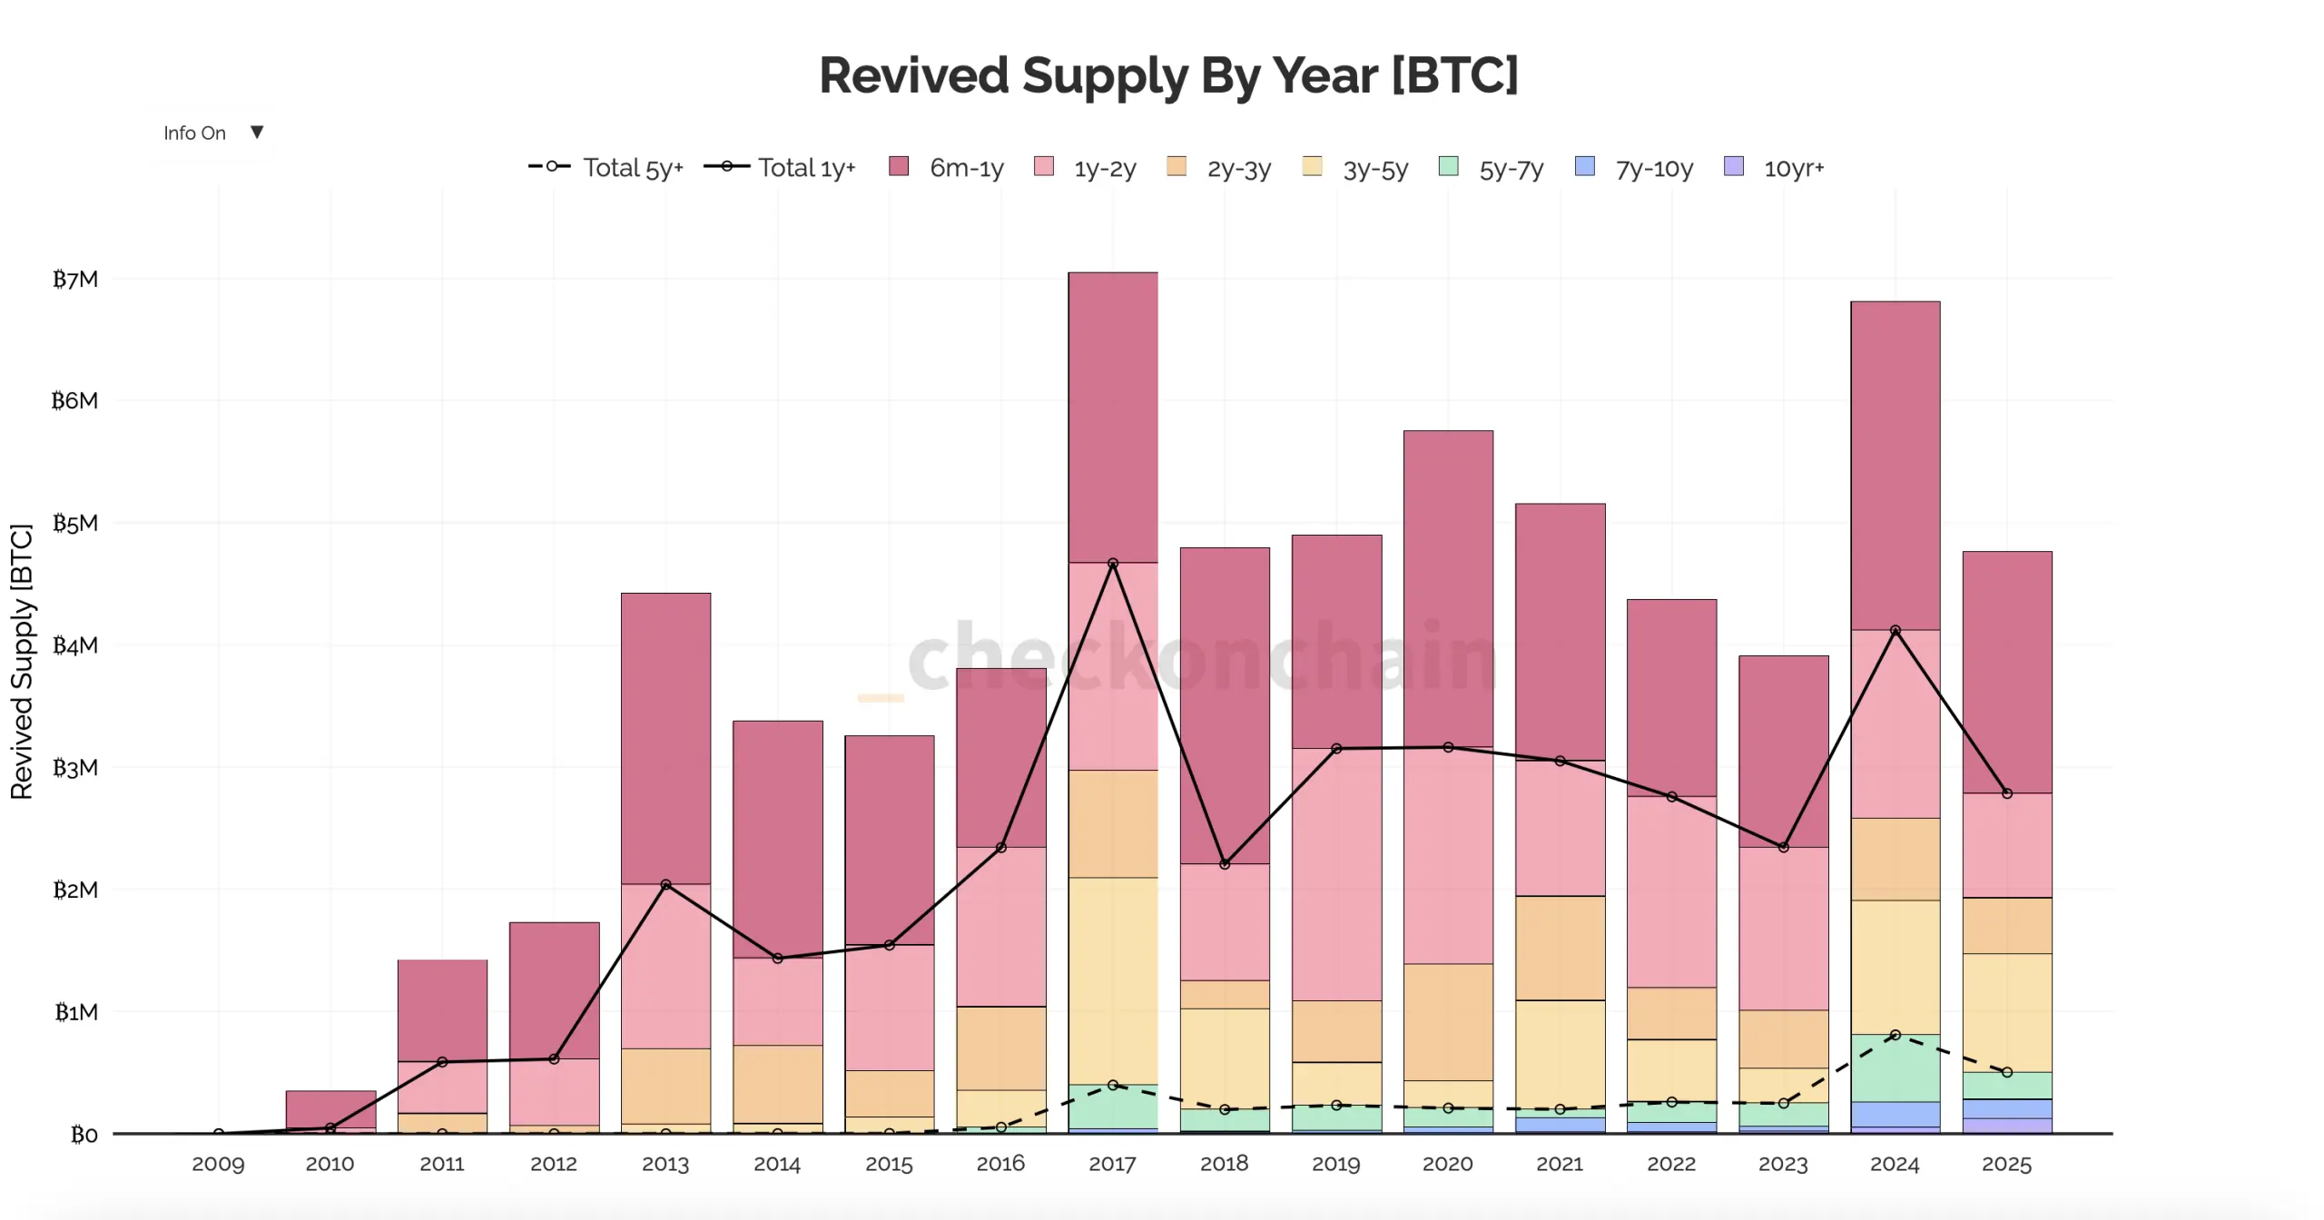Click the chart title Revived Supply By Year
click(1167, 74)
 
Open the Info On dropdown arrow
click(257, 133)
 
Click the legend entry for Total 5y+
click(606, 168)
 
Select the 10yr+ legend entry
click(1775, 168)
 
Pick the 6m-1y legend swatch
click(899, 166)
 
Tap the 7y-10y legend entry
click(1635, 168)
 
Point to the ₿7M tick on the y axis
click(75, 279)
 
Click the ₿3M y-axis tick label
click(75, 768)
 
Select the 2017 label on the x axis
click(1112, 1164)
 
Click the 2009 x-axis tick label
click(218, 1164)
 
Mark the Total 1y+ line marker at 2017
click(1113, 564)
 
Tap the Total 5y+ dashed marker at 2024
click(1896, 1035)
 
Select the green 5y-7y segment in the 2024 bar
click(1896, 1067)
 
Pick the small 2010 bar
click(330, 1108)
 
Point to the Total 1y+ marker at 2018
click(1225, 864)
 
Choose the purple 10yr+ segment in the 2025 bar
click(2007, 1126)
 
